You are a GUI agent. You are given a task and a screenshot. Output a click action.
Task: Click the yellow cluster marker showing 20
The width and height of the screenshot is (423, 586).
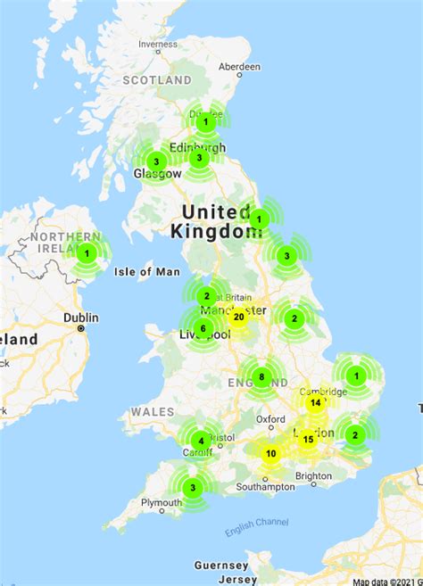tap(238, 317)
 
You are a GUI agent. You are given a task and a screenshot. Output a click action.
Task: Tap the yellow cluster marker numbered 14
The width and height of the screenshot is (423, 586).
tap(315, 403)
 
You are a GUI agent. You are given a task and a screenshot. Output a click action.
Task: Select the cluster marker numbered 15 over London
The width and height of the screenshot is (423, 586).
tap(308, 439)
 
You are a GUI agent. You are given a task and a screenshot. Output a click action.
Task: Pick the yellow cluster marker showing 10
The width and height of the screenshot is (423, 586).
tap(270, 454)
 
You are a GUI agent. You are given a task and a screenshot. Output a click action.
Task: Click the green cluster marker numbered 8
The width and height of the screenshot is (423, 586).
tap(261, 376)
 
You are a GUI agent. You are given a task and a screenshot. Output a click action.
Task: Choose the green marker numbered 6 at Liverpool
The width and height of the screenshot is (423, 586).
tap(203, 328)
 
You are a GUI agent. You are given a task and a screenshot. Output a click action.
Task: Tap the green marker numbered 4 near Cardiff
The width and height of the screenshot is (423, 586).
tap(202, 440)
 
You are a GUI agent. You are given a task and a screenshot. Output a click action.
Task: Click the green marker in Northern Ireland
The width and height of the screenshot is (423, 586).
tap(87, 253)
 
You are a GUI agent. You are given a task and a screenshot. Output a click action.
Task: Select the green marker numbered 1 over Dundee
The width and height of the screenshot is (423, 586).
tap(206, 121)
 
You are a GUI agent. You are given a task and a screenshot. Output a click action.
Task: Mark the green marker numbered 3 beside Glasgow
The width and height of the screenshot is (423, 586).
tap(156, 162)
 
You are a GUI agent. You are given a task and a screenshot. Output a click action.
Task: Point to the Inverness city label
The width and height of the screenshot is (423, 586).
tap(157, 44)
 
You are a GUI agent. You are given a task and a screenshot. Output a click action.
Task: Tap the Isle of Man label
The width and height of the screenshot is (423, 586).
tap(147, 271)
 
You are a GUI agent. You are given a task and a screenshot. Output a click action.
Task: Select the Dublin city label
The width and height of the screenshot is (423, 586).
tap(80, 317)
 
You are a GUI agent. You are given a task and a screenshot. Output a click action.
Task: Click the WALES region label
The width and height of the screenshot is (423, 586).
tap(152, 412)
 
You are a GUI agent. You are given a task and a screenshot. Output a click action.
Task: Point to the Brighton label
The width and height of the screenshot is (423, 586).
tap(313, 476)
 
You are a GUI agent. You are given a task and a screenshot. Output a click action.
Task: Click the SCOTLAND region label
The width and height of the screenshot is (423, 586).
tap(157, 79)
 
